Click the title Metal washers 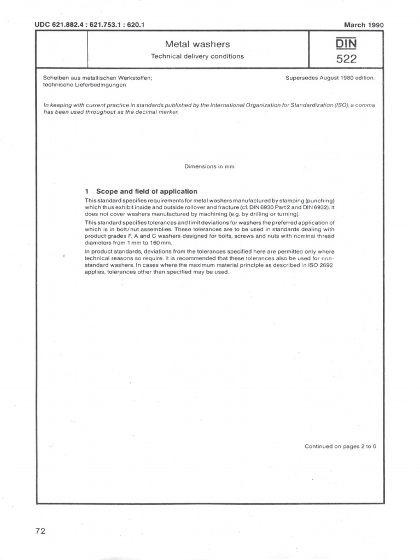(197, 44)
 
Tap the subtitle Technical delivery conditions (197, 56)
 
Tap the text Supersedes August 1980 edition (330, 78)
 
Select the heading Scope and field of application (147, 191)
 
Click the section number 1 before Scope (87, 191)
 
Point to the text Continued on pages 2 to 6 (340, 446)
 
